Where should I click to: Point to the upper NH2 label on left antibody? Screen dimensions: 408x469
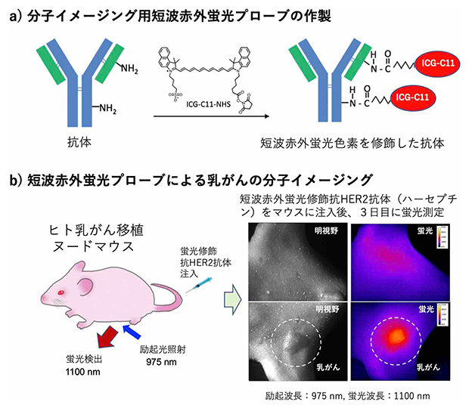tap(129, 70)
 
